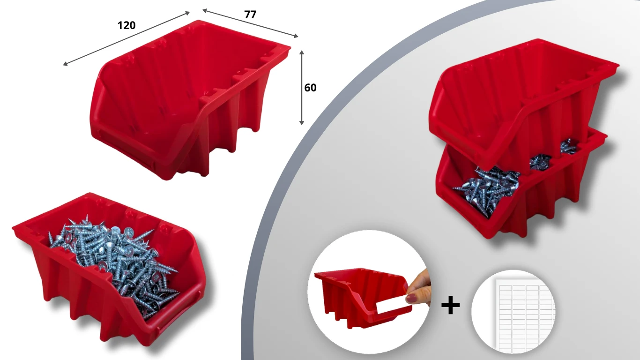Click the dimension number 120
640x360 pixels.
[127, 25]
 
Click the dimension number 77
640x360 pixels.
[250, 15]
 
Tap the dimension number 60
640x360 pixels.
[310, 88]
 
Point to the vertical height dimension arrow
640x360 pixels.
[301, 88]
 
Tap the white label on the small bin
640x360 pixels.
[392, 304]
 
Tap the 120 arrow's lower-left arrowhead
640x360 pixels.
[65, 64]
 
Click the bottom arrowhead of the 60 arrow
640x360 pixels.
[301, 123]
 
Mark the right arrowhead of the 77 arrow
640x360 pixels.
[296, 36]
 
